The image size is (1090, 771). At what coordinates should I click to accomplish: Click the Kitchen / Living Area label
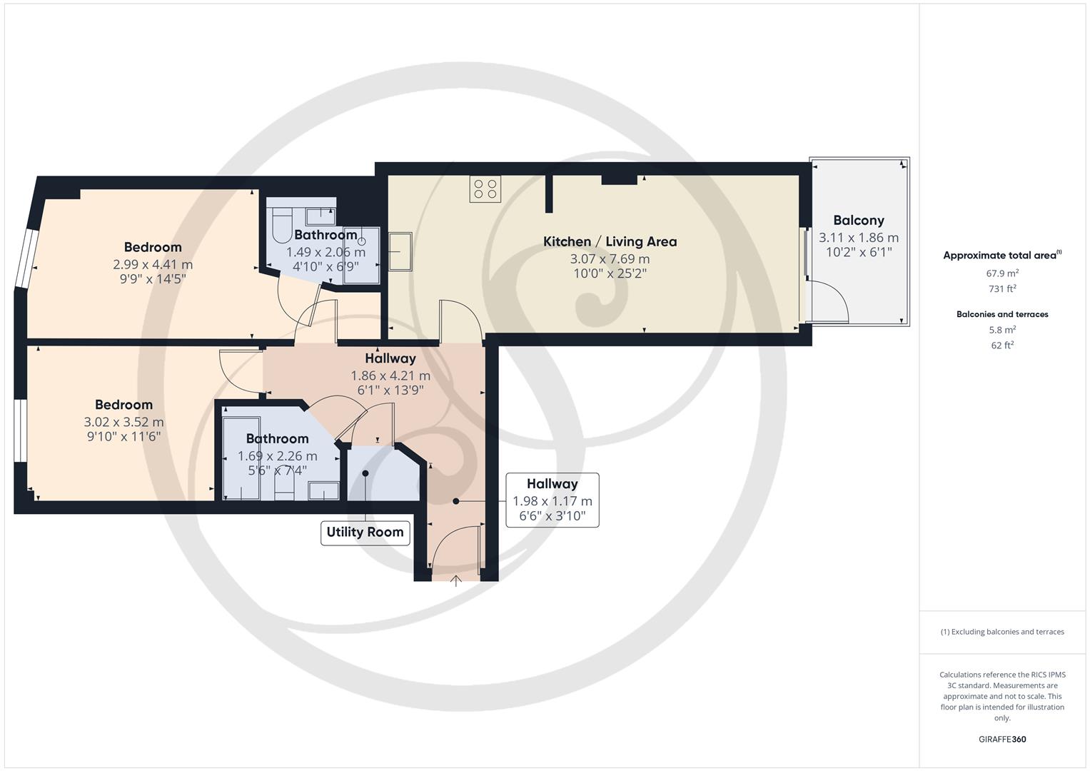click(x=610, y=241)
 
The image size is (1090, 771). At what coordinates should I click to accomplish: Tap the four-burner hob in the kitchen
click(x=485, y=189)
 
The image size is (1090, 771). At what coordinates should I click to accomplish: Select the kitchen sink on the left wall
click(x=400, y=251)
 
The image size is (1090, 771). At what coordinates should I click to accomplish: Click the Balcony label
click(x=859, y=221)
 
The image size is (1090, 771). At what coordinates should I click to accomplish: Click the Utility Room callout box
click(x=365, y=533)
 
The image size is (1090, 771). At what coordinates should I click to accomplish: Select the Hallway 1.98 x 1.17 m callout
click(x=552, y=500)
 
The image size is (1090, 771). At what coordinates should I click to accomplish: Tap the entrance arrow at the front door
click(x=455, y=580)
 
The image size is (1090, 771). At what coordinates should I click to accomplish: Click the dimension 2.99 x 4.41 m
click(x=153, y=265)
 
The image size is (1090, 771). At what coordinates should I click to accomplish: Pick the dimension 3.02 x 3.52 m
click(x=123, y=422)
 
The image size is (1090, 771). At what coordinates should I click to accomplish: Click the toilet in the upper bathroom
click(x=281, y=226)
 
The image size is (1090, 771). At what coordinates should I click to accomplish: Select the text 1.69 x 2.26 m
click(x=278, y=456)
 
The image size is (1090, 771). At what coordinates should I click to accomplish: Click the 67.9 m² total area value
click(x=1002, y=273)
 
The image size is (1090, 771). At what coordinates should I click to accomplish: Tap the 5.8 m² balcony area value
click(x=1002, y=330)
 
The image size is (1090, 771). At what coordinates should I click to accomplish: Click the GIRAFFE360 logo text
click(x=1002, y=739)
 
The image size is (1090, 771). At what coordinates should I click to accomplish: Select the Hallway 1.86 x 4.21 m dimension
click(x=390, y=376)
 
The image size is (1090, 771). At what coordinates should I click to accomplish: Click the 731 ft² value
click(x=1002, y=288)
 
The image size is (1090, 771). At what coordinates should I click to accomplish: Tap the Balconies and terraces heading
click(x=1002, y=314)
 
